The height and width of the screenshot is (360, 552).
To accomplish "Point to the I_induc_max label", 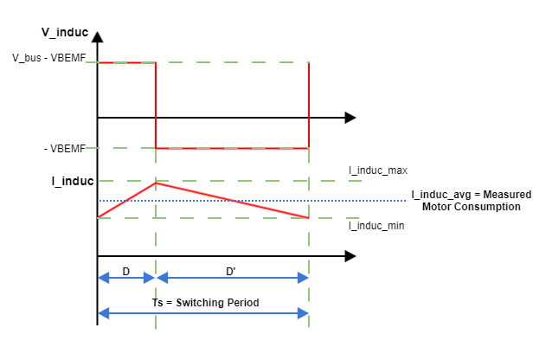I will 377,170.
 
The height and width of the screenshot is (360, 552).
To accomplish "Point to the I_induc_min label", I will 376,226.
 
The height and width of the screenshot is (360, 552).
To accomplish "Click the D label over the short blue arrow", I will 125,272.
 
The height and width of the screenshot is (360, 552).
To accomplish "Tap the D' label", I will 231,272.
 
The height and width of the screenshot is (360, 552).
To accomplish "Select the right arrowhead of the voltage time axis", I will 350,117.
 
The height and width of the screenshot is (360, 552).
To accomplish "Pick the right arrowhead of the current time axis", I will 350,256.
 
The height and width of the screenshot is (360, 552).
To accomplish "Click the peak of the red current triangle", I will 156,183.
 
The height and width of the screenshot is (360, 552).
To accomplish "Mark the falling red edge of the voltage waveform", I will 156,104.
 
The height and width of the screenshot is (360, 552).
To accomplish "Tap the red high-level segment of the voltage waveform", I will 126,62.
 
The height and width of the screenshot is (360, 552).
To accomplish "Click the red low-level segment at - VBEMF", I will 232,148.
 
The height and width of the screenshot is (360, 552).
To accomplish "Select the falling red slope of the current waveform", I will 232,200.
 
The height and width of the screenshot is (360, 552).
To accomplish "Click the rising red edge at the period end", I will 309,104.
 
